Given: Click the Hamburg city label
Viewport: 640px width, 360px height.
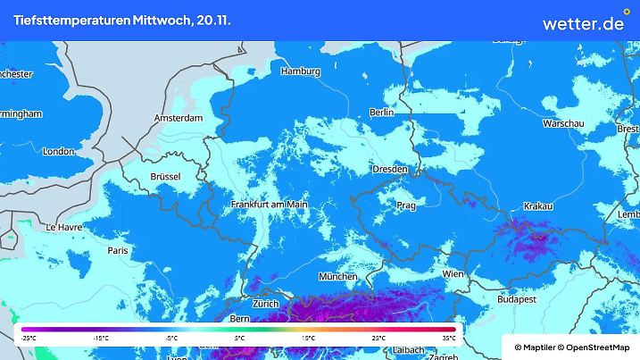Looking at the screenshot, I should coord(300,71).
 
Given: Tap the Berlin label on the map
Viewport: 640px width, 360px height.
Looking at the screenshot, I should coord(382,113).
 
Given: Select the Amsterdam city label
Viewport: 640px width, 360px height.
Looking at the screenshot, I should coord(179,118).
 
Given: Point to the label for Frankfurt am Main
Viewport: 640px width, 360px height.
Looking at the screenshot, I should coord(269,205).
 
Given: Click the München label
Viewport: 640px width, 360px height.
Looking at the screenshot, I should coord(337,277).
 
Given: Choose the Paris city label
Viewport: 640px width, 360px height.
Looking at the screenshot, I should coord(118,251).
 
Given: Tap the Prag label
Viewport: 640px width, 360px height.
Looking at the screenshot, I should coord(406,205).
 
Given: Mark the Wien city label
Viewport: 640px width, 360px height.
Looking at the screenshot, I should coord(453,273).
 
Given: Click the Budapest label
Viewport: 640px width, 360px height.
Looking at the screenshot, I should coord(517,300).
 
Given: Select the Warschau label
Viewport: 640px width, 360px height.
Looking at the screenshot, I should coord(563,122).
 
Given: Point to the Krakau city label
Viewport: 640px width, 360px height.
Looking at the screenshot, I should coord(538,206).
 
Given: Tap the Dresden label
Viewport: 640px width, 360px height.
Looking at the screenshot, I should coord(390,169).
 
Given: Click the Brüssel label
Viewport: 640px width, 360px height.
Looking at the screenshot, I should coord(165,177).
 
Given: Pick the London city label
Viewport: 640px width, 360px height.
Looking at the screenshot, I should coord(58,151).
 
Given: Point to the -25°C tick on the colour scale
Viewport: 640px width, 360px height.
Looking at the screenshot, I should coord(28,339).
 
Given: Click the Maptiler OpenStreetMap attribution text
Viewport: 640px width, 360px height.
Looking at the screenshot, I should coord(571,347).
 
